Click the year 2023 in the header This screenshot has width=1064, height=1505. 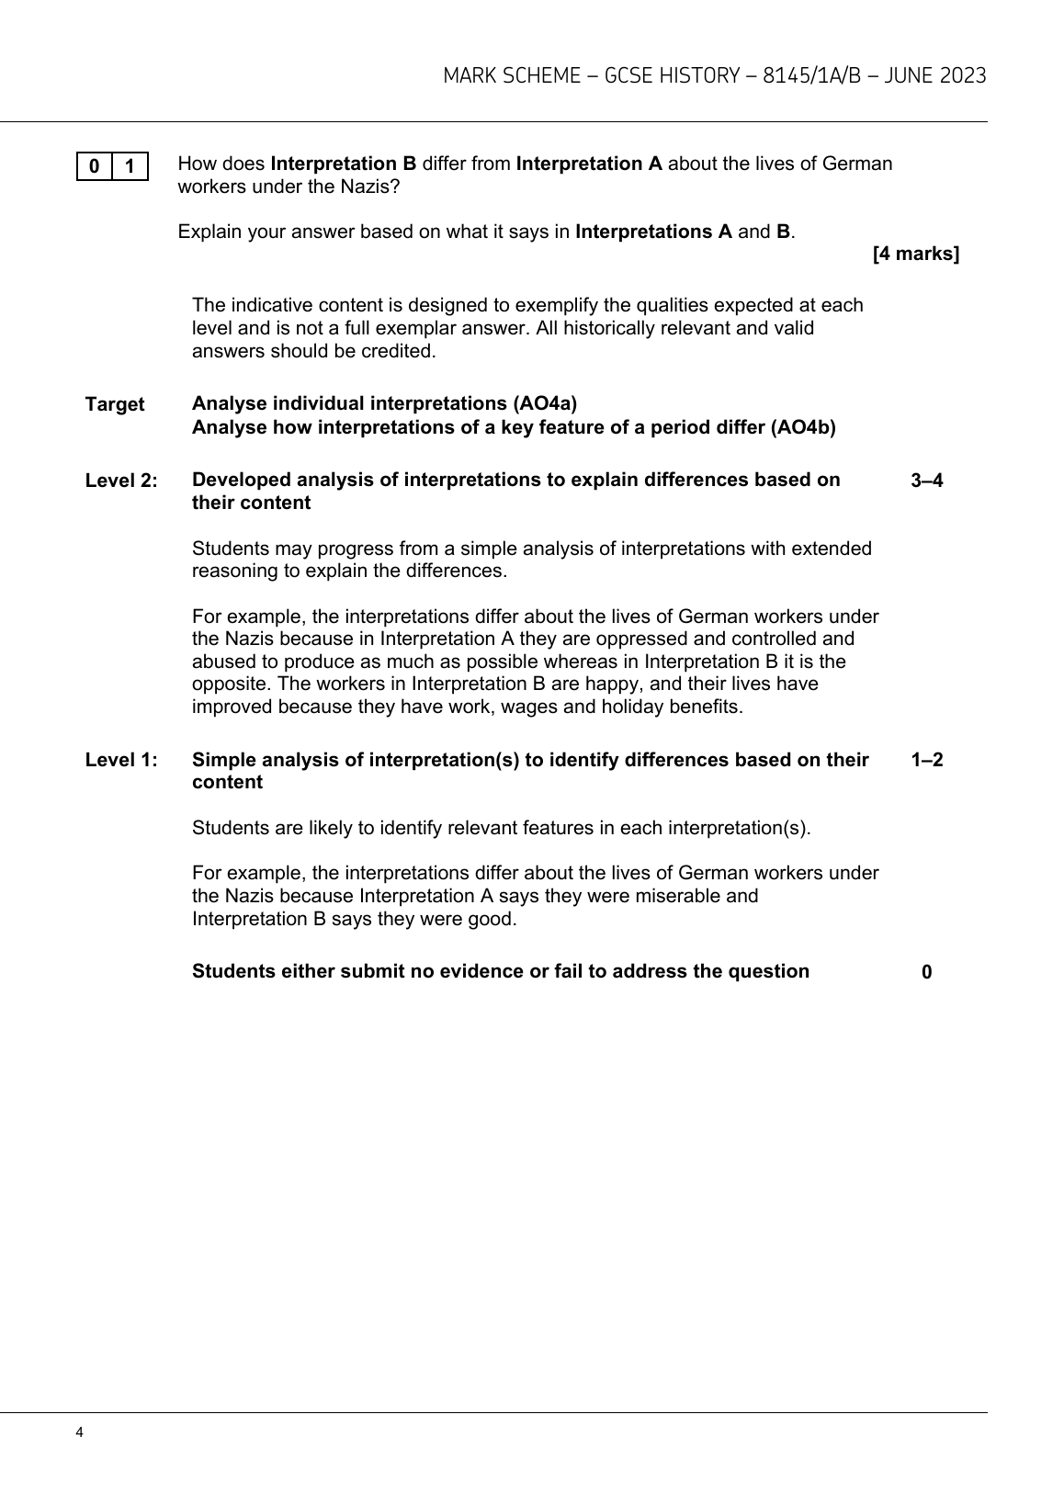(x=964, y=75)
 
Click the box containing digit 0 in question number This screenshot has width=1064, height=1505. (x=94, y=166)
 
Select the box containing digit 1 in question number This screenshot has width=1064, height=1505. (x=130, y=166)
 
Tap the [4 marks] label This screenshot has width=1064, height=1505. (x=915, y=254)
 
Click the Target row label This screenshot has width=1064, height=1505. (x=115, y=404)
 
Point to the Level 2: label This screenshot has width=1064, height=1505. (x=121, y=481)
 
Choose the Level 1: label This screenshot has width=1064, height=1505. (x=121, y=760)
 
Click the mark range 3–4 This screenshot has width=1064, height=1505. (x=926, y=481)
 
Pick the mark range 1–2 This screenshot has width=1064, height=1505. (x=926, y=760)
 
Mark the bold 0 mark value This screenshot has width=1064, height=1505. (x=926, y=972)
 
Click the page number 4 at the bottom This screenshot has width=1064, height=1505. (x=80, y=1432)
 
